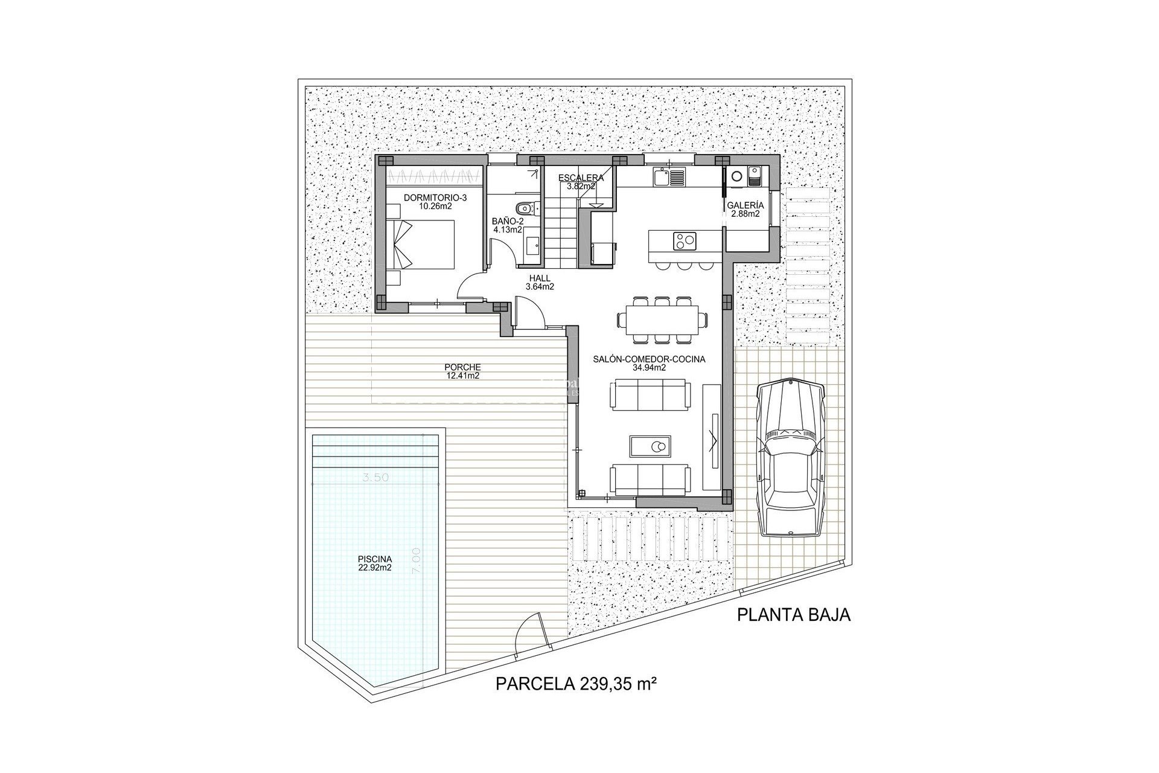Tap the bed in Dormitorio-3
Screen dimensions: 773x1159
(426, 244)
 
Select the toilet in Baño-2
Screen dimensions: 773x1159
(525, 208)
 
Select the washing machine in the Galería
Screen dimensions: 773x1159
(737, 177)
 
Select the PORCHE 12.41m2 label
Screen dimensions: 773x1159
(462, 371)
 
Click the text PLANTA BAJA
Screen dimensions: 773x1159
(794, 615)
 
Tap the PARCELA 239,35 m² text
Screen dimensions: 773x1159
(576, 684)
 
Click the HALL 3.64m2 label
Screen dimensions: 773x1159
(540, 283)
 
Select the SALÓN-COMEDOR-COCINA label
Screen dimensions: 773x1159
(649, 363)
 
